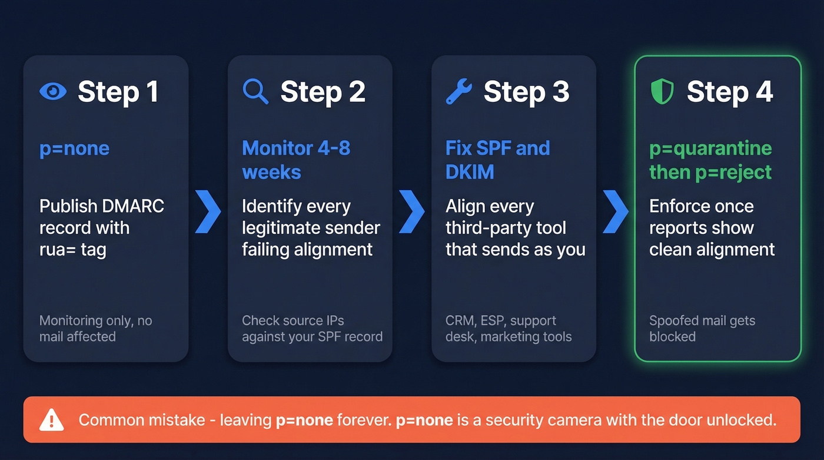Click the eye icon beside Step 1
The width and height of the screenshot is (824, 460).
(53, 92)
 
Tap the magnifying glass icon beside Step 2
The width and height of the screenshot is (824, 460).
(255, 92)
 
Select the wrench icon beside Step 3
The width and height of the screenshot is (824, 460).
(458, 92)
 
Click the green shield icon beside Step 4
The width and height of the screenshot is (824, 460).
(662, 92)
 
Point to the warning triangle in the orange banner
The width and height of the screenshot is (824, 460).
(52, 420)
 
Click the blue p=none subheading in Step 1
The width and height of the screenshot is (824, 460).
(74, 148)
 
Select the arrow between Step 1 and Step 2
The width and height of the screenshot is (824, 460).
(208, 211)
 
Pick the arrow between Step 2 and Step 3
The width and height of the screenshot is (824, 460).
(411, 211)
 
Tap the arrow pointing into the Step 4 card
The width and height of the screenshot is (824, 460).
(615, 211)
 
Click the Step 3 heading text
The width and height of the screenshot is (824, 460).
(526, 92)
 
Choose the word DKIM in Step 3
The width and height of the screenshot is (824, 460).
(470, 173)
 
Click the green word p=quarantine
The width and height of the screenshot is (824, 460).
(710, 148)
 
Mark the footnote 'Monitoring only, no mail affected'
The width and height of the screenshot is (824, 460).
(95, 329)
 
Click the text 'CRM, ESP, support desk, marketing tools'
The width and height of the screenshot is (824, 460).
(509, 329)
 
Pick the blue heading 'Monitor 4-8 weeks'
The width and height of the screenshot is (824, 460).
(296, 160)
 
